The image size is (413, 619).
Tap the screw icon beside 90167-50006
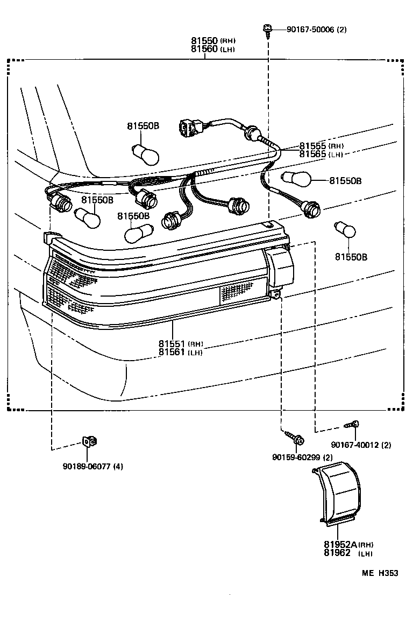click(x=267, y=29)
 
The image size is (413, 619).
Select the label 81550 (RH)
click(x=213, y=41)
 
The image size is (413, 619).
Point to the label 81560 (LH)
click(x=213, y=49)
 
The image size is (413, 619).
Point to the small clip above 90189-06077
click(x=89, y=442)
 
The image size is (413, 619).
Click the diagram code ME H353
click(x=379, y=573)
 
